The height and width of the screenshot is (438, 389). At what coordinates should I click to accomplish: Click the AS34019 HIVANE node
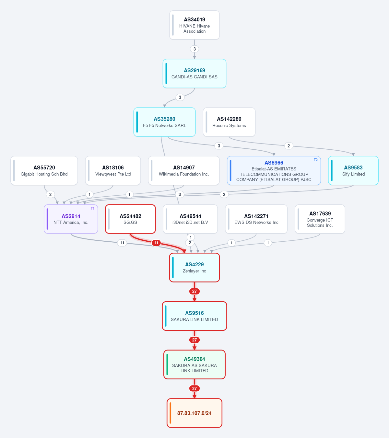click(194, 25)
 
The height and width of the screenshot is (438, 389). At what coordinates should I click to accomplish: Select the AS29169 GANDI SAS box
click(194, 74)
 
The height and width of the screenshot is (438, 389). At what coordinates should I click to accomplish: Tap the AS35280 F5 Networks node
click(164, 122)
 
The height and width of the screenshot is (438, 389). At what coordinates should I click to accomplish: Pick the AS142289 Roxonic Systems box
click(229, 122)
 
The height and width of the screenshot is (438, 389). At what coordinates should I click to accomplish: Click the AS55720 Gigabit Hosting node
click(44, 171)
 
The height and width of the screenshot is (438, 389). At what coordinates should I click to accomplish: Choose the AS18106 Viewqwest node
click(113, 171)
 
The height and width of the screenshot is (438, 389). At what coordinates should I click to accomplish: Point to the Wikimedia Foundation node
click(184, 171)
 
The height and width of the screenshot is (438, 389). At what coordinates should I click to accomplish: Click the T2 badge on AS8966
click(316, 160)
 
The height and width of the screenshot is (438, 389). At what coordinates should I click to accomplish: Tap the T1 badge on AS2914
click(92, 208)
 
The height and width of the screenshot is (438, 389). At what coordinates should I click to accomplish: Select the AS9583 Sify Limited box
click(353, 171)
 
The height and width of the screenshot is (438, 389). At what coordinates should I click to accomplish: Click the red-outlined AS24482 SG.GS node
click(130, 219)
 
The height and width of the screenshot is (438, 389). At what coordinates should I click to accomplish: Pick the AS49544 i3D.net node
click(190, 219)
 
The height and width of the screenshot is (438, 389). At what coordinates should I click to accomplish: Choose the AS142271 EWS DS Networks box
click(256, 219)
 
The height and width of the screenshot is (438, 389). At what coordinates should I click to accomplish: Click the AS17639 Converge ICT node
click(320, 219)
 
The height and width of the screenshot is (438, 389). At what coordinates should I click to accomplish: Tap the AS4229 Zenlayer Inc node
click(194, 267)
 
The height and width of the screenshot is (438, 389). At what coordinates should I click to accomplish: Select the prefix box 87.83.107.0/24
click(194, 413)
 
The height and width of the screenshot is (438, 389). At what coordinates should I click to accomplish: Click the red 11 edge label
click(156, 243)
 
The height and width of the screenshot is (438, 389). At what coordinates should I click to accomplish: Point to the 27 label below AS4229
click(194, 291)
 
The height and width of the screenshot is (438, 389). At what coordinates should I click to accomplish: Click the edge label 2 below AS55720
click(51, 194)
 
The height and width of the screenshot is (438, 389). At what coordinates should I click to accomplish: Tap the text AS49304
click(194, 359)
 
